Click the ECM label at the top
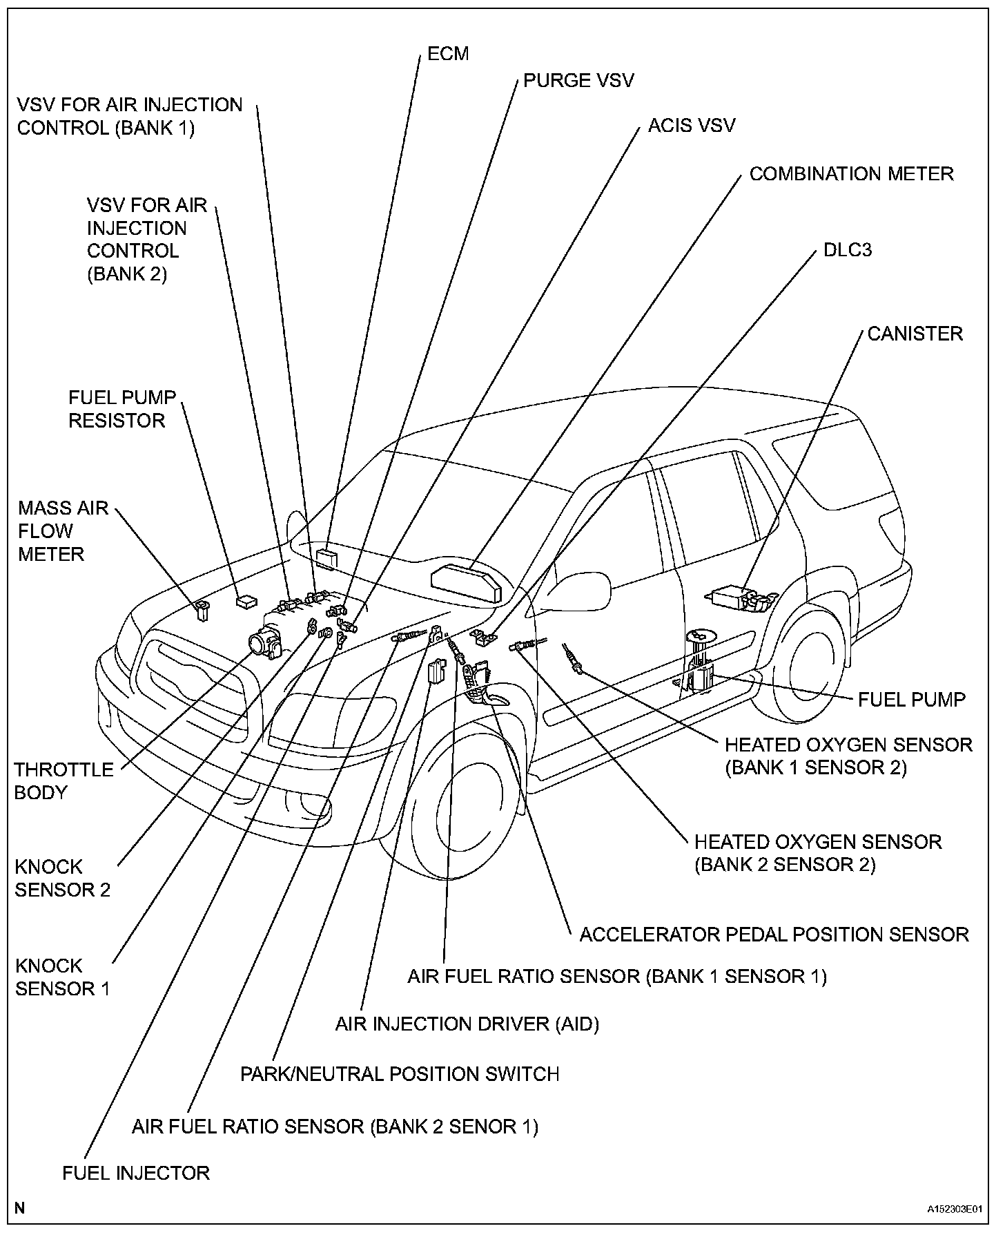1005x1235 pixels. click(x=448, y=54)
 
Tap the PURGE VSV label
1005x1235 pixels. click(x=578, y=81)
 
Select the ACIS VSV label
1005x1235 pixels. click(x=692, y=125)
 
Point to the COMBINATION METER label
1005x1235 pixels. click(x=851, y=173)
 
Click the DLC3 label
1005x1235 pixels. click(x=847, y=249)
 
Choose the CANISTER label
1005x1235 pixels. click(x=915, y=334)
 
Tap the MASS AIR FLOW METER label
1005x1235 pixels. click(x=63, y=531)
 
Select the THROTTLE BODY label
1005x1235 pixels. click(x=64, y=781)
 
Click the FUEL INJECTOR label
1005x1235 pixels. click(x=135, y=1173)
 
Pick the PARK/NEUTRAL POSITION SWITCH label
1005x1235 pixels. click(x=399, y=1074)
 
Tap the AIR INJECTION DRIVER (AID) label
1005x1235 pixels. click(x=467, y=1024)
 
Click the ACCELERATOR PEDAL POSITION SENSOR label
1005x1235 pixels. click(x=774, y=935)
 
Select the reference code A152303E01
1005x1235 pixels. click(x=954, y=1209)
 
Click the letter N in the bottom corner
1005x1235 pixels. click(x=19, y=1208)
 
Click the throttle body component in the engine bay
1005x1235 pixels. click(x=266, y=642)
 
